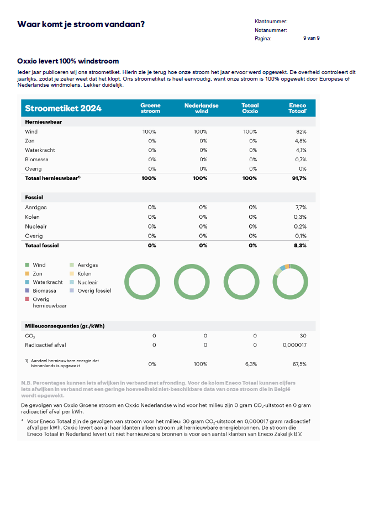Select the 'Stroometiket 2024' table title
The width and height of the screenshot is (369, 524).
click(63, 108)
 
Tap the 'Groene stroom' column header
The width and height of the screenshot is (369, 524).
click(150, 108)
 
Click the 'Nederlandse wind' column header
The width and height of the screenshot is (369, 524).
click(201, 108)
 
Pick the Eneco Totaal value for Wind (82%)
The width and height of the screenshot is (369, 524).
click(301, 132)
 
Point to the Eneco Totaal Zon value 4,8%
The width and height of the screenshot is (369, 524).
click(300, 141)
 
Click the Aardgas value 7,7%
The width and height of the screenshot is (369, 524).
click(301, 208)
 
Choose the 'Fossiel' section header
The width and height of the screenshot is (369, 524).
click(34, 197)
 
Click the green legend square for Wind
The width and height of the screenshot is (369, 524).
click(27, 265)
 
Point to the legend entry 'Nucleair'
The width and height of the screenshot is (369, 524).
click(88, 282)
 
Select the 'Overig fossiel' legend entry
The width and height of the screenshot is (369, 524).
click(94, 290)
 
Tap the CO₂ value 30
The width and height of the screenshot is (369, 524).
click(303, 336)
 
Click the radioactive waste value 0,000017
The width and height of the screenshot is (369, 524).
click(294, 345)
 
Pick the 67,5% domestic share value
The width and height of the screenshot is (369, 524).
click(299, 364)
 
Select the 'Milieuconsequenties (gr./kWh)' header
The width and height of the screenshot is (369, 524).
click(65, 326)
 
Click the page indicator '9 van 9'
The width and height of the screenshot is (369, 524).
click(311, 38)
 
